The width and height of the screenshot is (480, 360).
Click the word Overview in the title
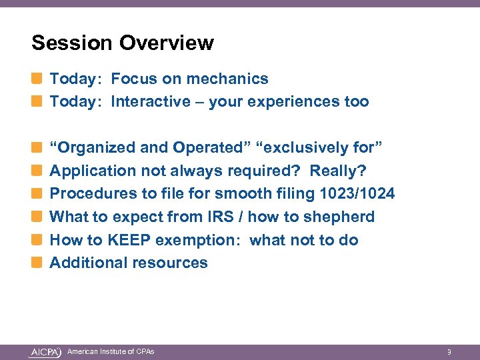pyautogui.click(x=167, y=43)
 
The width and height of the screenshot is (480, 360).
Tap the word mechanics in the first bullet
pyautogui.click(x=227, y=79)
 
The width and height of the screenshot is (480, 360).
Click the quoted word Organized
pyautogui.click(x=101, y=147)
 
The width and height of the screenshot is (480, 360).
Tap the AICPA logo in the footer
pyautogui.click(x=45, y=352)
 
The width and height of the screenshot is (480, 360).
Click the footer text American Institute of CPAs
pyautogui.click(x=111, y=351)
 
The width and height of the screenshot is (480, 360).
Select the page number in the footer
pyautogui.click(x=449, y=352)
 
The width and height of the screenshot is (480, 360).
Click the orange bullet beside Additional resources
pyautogui.click(x=37, y=263)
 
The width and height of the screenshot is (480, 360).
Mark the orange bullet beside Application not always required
pyautogui.click(x=37, y=171)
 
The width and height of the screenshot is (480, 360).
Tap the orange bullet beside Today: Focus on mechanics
pyautogui.click(x=37, y=79)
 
